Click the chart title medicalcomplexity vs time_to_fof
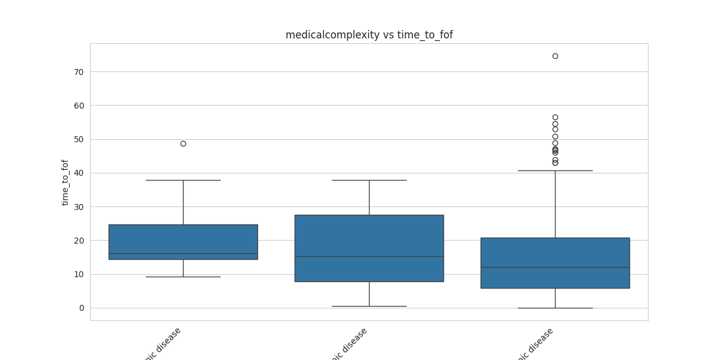pyautogui.click(x=369, y=35)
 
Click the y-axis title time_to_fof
pyautogui.click(x=65, y=182)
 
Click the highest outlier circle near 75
pyautogui.click(x=555, y=56)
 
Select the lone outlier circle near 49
pyautogui.click(x=183, y=143)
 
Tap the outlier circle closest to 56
pyautogui.click(x=555, y=118)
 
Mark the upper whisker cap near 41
pyautogui.click(x=555, y=170)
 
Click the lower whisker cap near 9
pyautogui.click(x=183, y=277)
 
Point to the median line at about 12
pyautogui.click(x=555, y=267)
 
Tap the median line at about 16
pyautogui.click(x=183, y=253)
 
